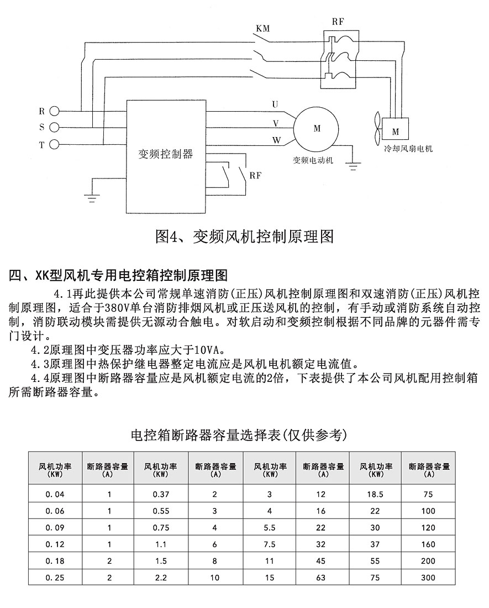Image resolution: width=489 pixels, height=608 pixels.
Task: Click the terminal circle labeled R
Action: coord(54,111)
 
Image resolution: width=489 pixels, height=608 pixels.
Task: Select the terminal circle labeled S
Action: coord(54,128)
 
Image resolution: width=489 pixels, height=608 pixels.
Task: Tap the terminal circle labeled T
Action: coord(54,145)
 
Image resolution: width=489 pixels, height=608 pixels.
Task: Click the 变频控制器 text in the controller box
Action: coord(166,154)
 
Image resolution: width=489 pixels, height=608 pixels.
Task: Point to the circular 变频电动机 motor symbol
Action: coord(317,129)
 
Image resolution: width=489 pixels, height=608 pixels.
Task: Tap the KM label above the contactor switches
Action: coord(263,28)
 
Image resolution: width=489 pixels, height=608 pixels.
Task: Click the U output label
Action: coord(276,104)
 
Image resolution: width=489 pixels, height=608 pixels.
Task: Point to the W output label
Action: coord(276,140)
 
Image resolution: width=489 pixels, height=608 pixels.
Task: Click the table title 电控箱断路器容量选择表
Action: coord(238,435)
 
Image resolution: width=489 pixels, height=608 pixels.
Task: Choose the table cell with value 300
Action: coord(428,578)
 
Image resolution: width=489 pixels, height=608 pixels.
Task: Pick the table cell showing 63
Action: coord(322,578)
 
